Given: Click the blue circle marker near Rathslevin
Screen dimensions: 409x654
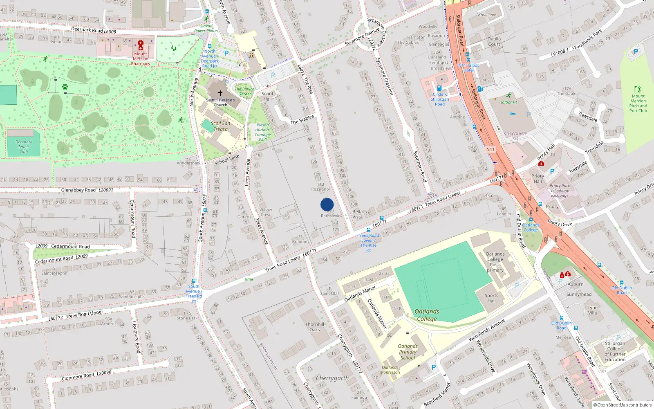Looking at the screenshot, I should coord(327,204).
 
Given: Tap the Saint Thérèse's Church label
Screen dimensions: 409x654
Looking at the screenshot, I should coord(220,102).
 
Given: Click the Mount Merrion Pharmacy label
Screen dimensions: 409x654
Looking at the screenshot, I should coord(141,59).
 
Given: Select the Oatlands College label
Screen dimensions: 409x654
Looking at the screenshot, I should coord(427,315).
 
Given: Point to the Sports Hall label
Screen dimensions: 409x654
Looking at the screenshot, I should coord(491,298).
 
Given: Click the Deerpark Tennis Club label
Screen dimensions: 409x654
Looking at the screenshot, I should coord(24,147).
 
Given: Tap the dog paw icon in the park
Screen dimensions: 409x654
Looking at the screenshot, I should coord(65,87).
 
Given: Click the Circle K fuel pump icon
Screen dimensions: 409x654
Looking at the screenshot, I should coord(439,88).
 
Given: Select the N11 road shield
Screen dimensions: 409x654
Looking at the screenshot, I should coord(490,149).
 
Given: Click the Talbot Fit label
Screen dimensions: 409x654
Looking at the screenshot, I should coord(509,102).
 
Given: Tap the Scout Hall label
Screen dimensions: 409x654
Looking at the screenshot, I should coord(267,96).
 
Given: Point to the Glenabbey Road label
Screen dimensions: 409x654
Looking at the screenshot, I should coord(87,190).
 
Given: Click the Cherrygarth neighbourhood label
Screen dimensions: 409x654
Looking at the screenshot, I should coord(332,378).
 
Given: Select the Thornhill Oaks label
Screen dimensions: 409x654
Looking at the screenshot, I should coord(315,327).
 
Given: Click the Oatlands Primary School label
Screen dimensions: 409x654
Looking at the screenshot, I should coord(408,352).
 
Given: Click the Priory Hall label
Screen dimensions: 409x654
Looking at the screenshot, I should coord(538,178).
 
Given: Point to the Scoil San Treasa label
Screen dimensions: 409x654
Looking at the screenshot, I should coord(221,126).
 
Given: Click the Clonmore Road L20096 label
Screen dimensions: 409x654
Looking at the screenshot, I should coord(86,375).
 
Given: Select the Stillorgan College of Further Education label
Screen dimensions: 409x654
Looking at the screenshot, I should coord(615,351).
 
